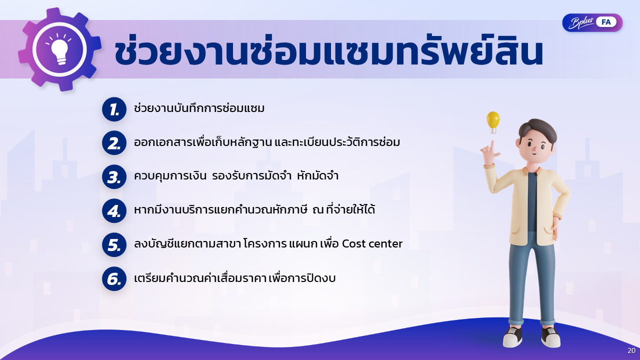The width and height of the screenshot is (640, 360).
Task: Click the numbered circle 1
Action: click(x=114, y=109)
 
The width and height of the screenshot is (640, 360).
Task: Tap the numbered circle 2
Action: click(x=114, y=143)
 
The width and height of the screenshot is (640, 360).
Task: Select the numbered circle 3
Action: click(x=114, y=177)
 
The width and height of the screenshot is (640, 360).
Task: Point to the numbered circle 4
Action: click(x=114, y=211)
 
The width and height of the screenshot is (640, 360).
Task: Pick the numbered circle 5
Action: click(x=114, y=245)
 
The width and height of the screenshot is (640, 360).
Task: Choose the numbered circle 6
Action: click(x=114, y=279)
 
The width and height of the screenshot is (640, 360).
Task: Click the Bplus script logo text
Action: click(x=581, y=23)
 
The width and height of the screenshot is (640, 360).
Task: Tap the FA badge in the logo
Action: click(x=606, y=22)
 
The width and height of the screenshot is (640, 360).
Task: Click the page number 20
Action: click(x=631, y=350)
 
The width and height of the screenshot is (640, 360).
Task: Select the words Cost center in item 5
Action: click(x=372, y=243)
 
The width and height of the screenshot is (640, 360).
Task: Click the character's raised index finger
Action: click(x=491, y=147)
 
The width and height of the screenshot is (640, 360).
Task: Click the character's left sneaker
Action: click(x=513, y=336)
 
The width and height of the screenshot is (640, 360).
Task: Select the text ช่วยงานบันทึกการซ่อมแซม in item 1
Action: click(x=199, y=108)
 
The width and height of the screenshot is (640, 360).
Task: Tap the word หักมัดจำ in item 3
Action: click(x=317, y=175)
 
